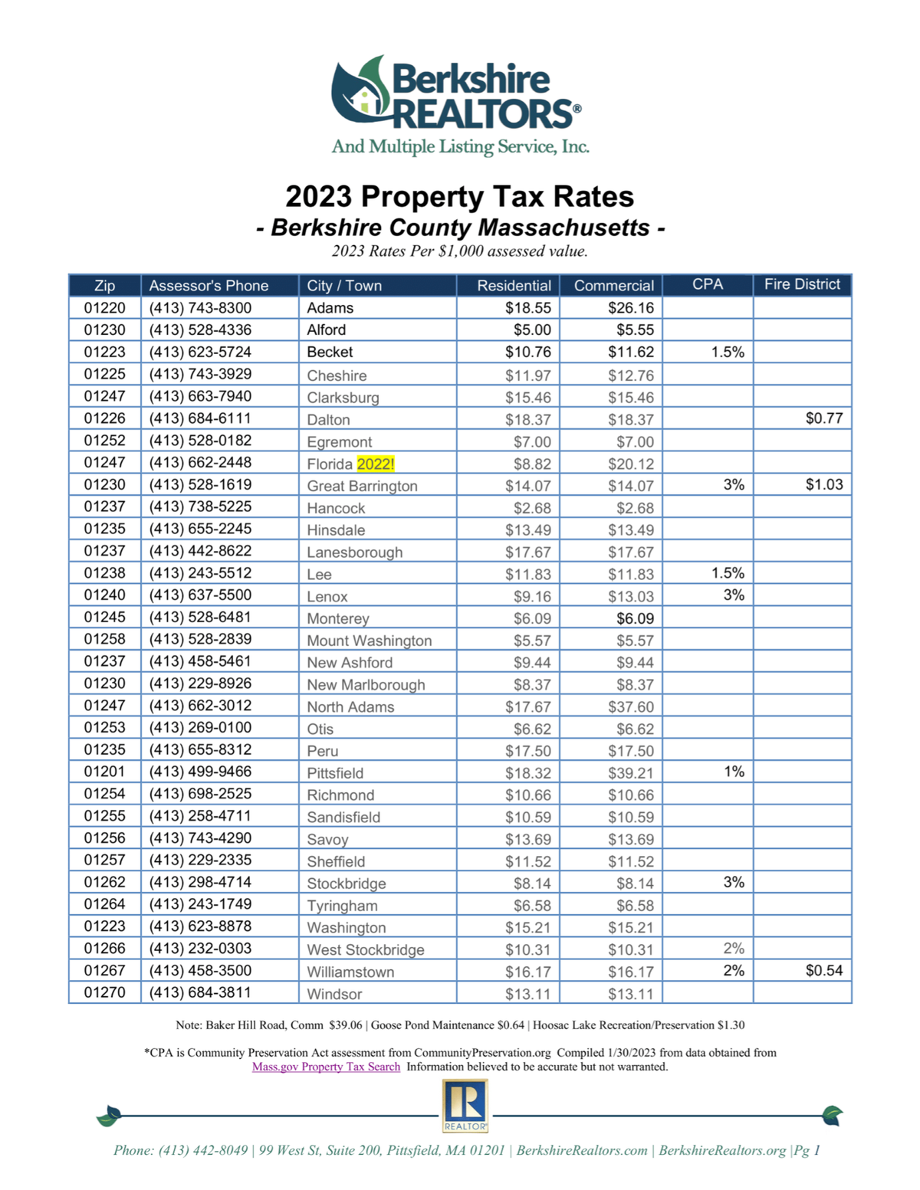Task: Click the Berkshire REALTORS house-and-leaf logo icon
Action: (362, 91)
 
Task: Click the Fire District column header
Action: (802, 284)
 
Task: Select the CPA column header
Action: (708, 284)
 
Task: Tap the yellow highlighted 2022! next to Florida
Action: (376, 464)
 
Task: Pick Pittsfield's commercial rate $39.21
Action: (630, 772)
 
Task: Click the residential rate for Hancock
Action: (531, 508)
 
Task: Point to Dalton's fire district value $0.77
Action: (823, 418)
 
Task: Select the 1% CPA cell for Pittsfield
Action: (734, 772)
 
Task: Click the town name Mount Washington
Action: (370, 640)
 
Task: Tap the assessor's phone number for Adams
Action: (200, 308)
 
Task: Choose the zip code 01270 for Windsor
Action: (105, 992)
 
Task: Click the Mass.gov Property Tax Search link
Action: (326, 1066)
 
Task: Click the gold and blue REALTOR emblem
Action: (465, 1106)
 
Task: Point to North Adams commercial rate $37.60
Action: (630, 706)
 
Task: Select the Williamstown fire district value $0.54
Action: (823, 970)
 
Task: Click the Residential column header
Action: (514, 285)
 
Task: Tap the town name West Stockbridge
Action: (366, 949)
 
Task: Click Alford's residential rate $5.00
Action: (531, 329)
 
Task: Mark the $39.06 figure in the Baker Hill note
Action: (345, 1024)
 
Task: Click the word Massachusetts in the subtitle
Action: (563, 228)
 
